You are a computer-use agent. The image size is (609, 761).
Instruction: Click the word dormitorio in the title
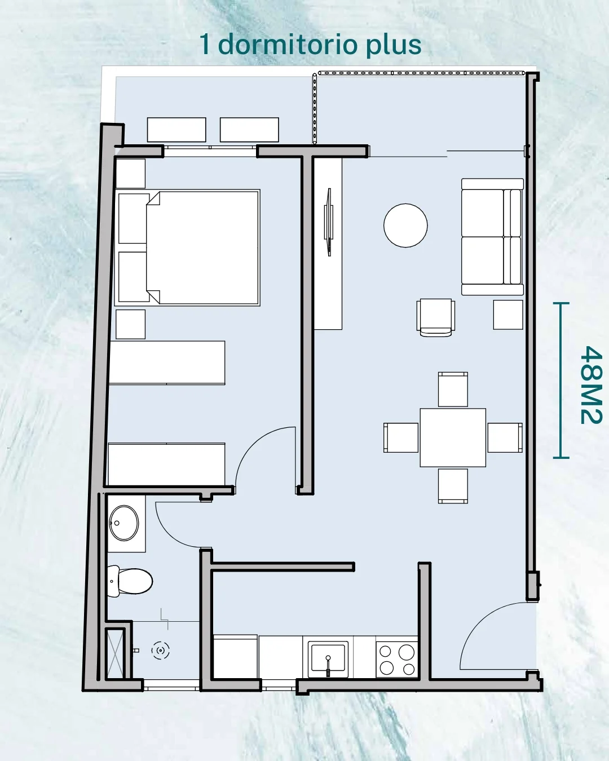click(286, 45)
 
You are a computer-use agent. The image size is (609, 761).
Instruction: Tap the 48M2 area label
click(591, 385)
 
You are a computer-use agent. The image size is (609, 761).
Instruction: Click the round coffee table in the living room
click(405, 225)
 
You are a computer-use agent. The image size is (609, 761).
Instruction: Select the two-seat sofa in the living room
click(492, 237)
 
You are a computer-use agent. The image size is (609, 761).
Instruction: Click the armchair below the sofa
click(436, 317)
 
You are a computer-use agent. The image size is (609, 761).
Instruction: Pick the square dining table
click(453, 438)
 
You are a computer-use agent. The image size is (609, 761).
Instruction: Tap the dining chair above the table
click(453, 390)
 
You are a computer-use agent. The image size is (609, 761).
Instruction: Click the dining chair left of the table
click(401, 438)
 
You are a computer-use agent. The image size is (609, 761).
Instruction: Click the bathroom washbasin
click(123, 523)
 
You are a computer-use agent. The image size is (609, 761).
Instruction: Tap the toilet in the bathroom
click(130, 581)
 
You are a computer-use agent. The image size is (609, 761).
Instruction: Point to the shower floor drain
click(161, 651)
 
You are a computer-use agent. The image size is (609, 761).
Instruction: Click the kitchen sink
click(328, 659)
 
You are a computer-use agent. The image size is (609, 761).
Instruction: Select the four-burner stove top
click(396, 659)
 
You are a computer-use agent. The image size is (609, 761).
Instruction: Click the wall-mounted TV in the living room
click(329, 222)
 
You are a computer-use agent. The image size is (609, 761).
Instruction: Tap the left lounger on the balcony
click(176, 130)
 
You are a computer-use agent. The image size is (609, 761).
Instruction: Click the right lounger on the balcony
click(249, 130)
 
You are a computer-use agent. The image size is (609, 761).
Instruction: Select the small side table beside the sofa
click(508, 315)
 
